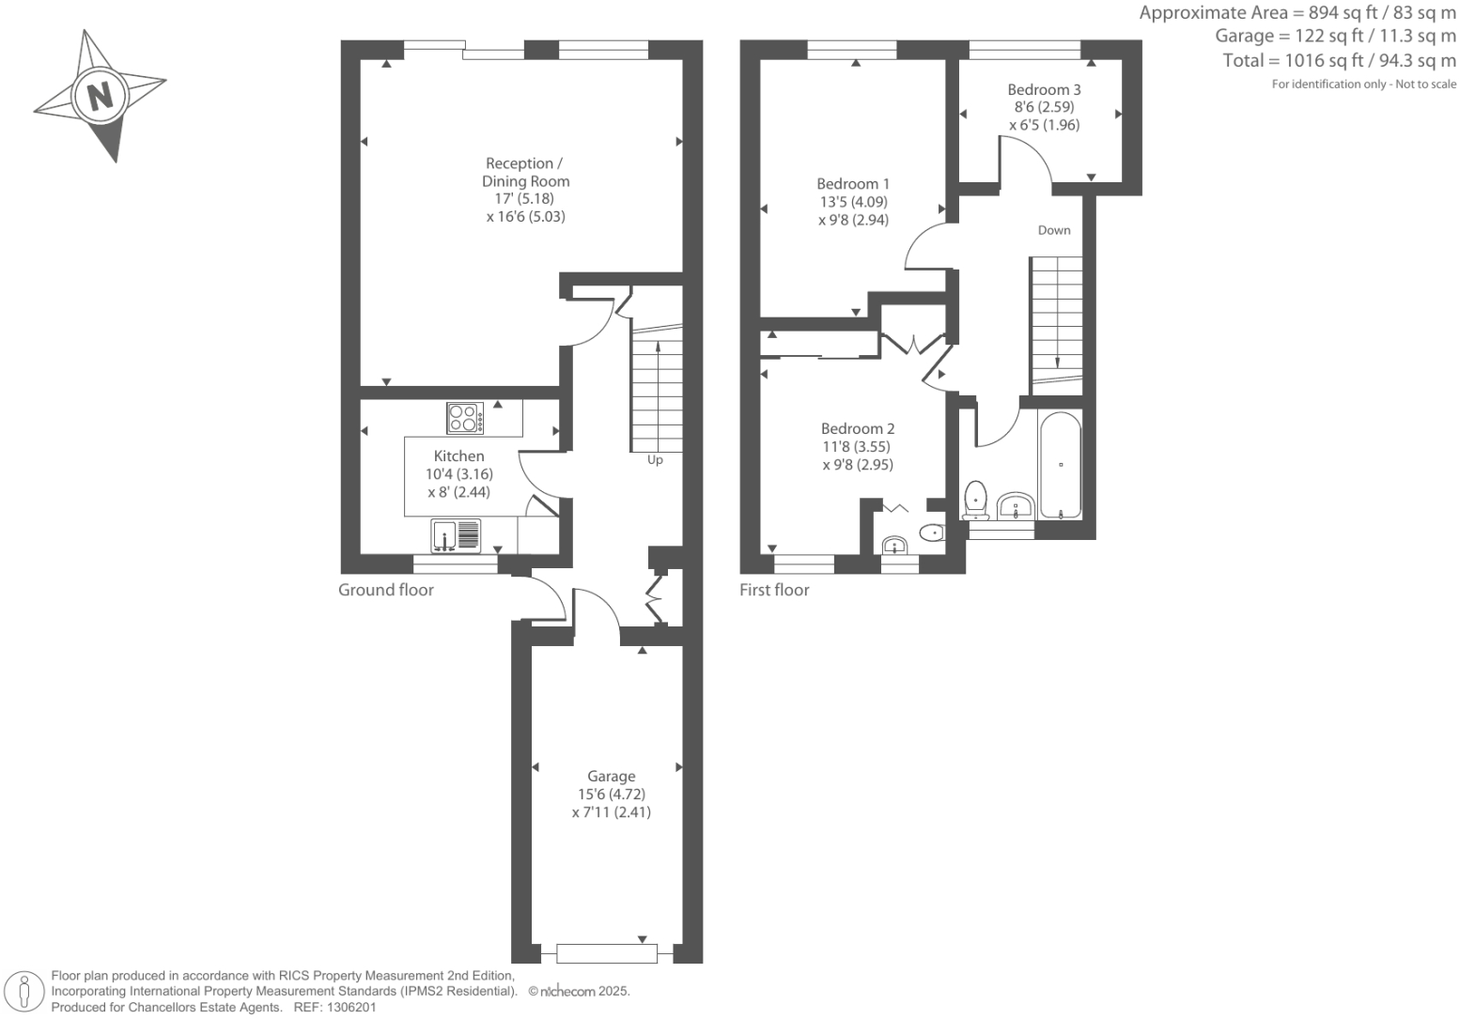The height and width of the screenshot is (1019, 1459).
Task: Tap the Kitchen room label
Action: click(458, 456)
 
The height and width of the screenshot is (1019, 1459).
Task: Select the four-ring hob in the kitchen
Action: click(465, 418)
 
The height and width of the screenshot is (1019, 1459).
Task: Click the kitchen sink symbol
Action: click(455, 535)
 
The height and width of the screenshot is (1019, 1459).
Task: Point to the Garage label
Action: click(611, 777)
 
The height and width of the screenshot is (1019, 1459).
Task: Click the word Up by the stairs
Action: click(655, 460)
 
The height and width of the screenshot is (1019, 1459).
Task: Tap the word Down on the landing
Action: click(1053, 230)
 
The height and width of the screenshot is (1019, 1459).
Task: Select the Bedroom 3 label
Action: click(1044, 90)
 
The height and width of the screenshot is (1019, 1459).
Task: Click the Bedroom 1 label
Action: click(852, 184)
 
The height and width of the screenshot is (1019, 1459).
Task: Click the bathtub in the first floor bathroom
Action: click(1061, 465)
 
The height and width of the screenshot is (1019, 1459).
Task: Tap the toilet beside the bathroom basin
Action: click(976, 499)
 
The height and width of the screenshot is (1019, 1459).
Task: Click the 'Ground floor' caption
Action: click(386, 590)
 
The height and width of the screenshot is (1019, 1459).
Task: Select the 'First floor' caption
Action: click(774, 590)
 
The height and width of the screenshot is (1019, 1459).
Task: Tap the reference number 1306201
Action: click(350, 1007)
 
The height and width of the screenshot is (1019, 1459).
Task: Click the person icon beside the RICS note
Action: click(25, 992)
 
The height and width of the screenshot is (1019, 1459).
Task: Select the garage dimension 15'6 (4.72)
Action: click(611, 795)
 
